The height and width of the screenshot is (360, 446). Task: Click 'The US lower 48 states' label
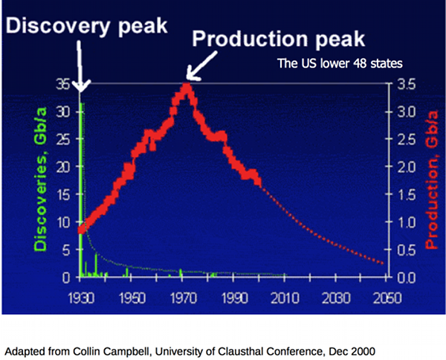pyautogui.click(x=340, y=64)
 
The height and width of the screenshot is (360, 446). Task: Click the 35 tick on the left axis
pyautogui.click(x=65, y=84)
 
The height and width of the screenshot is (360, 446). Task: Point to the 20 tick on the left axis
pyautogui.click(x=65, y=167)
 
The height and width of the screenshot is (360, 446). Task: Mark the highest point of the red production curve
pyautogui.click(x=187, y=88)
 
